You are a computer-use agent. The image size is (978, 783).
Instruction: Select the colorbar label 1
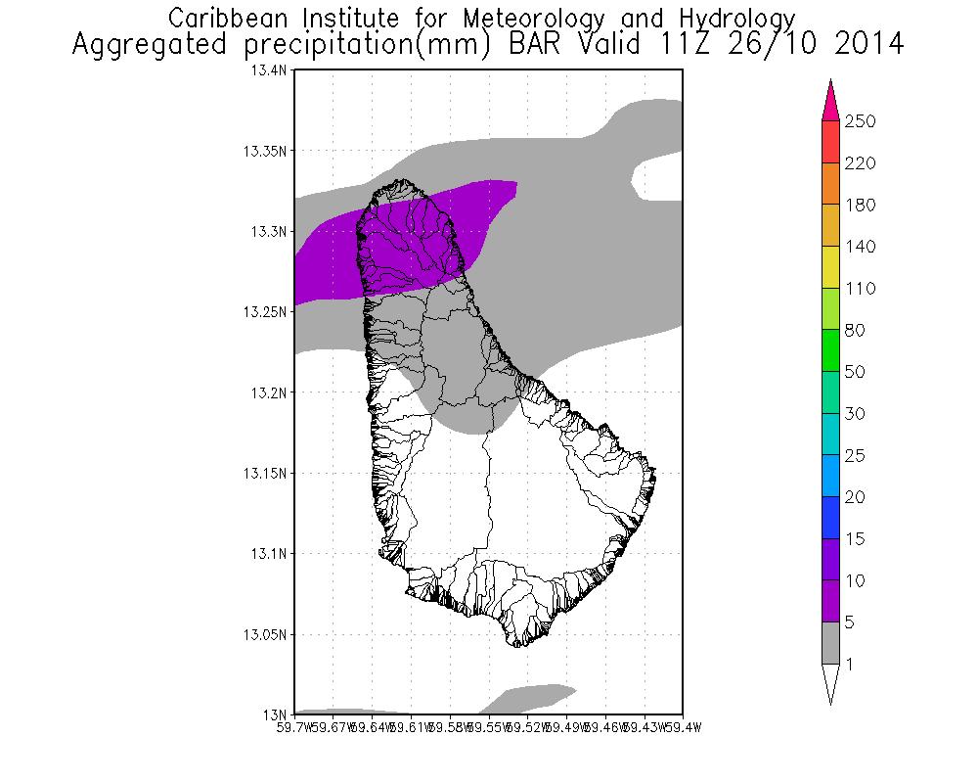[852, 665]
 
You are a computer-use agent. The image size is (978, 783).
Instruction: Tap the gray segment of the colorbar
[830, 643]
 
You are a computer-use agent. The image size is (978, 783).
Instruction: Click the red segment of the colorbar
[830, 142]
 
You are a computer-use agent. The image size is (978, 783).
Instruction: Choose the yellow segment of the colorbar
[830, 267]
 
